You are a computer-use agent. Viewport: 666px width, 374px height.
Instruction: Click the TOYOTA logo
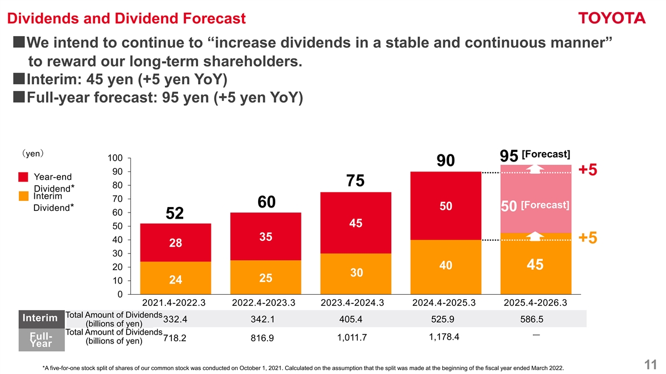point(612,18)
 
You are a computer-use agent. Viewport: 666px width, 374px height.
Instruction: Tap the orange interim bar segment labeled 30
point(356,273)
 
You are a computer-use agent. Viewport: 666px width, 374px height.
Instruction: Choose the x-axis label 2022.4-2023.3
point(264,303)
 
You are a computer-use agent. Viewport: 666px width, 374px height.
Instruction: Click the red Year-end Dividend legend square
point(23,177)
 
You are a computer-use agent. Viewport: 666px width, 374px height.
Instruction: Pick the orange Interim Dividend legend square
point(23,196)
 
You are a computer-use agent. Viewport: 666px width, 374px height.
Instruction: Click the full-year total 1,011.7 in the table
point(352,337)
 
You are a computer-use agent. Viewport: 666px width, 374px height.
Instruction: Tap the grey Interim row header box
point(40,318)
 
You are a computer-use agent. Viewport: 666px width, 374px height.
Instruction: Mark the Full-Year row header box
point(40,340)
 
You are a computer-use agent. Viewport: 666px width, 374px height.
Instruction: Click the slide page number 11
point(650,365)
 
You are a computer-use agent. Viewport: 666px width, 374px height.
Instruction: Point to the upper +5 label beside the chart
point(588,170)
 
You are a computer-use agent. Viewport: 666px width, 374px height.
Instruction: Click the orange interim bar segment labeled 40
point(445,266)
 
